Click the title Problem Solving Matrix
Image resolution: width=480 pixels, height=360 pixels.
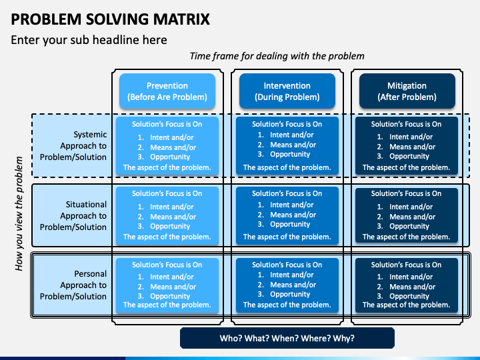point(110,19)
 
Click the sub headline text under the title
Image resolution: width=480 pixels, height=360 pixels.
point(89,40)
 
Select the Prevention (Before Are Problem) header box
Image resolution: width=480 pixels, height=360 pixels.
point(167,91)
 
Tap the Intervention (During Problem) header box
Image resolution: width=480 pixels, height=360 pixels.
point(287,91)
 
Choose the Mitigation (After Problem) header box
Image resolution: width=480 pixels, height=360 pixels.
point(407,91)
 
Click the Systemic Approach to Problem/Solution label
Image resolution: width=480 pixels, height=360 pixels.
point(73,146)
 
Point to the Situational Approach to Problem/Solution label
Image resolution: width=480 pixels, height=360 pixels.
point(73,215)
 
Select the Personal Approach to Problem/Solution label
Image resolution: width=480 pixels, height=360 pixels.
point(73,285)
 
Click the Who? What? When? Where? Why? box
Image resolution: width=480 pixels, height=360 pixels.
point(287,338)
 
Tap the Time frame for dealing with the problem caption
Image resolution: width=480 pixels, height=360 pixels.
point(277,56)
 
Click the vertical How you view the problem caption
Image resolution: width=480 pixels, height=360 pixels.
point(19,214)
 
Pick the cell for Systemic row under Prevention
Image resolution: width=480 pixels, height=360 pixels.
point(167,146)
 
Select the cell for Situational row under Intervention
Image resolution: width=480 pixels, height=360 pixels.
point(287,215)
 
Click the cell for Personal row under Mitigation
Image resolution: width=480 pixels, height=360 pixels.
point(407,285)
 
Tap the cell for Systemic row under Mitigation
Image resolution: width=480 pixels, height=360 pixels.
point(407,146)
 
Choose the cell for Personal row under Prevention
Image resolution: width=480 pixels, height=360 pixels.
point(167,285)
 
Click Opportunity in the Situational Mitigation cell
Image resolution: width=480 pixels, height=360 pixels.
point(409,227)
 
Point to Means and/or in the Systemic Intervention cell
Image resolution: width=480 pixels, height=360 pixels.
point(293,145)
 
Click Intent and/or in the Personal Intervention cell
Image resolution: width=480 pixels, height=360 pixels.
point(292,275)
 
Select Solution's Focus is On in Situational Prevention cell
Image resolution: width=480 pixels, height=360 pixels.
point(167,193)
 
